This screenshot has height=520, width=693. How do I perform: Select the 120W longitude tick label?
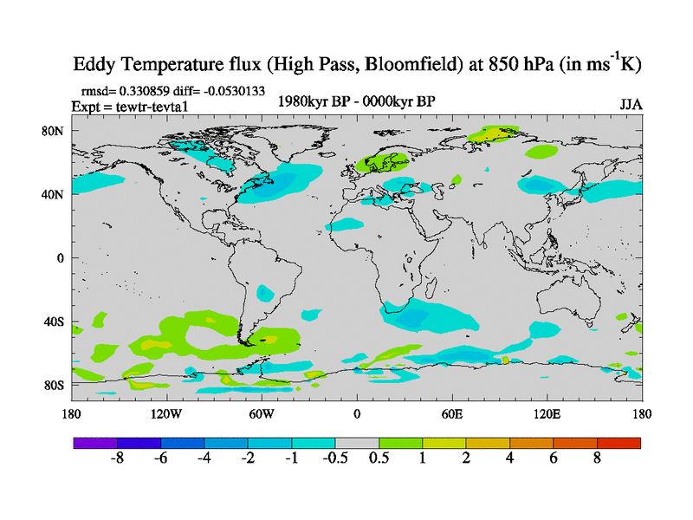tap(165, 414)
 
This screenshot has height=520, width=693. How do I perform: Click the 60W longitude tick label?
tap(261, 414)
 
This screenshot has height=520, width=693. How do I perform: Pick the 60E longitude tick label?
tap(451, 414)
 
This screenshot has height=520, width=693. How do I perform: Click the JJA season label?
tap(631, 105)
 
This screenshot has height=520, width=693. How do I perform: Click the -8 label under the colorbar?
tap(116, 458)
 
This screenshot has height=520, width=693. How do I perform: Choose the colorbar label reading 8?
tap(598, 458)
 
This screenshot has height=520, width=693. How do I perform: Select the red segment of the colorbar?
tap(619, 443)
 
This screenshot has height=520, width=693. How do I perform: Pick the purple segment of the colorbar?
tap(94, 443)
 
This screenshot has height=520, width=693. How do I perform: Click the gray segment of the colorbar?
tap(356, 443)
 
